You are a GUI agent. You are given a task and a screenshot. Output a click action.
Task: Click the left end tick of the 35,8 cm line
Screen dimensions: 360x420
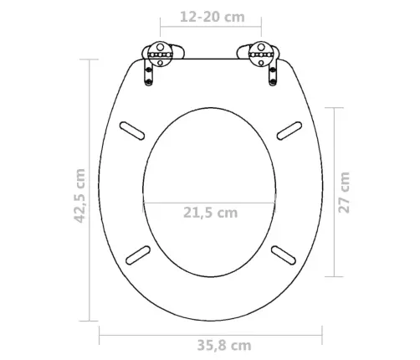point(100,337)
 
